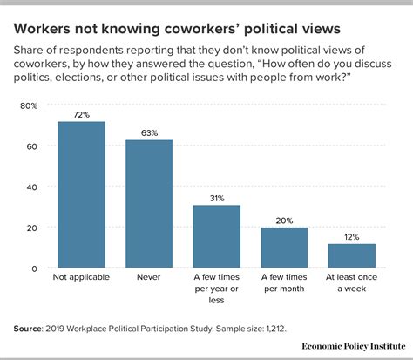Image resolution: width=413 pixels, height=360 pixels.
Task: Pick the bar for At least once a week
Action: click(351, 255)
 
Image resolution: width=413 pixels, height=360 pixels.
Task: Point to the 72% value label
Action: click(81, 114)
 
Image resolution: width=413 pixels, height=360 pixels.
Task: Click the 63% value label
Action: click(149, 132)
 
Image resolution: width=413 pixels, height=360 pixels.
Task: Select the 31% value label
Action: click(216, 197)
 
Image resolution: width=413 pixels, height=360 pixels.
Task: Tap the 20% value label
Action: click(284, 220)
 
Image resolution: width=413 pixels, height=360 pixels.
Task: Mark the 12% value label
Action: click(351, 236)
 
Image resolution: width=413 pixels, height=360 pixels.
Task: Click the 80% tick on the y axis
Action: click(28, 105)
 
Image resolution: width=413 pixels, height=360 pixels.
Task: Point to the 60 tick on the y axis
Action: click(31, 146)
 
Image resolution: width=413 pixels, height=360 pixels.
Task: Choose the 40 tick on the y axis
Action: click(31, 187)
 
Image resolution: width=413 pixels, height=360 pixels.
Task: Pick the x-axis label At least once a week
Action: click(351, 285)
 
